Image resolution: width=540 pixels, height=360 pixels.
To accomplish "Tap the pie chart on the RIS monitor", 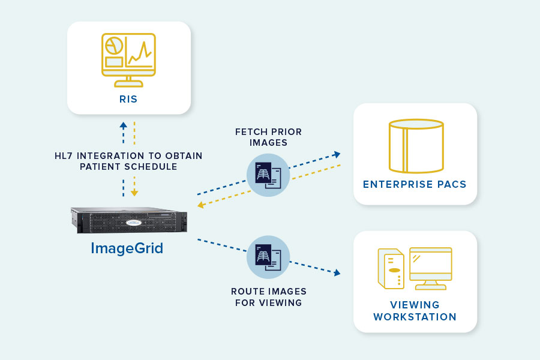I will (113, 46).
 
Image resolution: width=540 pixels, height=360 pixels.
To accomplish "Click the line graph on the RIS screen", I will (139, 55).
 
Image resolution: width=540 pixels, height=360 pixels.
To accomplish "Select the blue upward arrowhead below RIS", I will (123, 126).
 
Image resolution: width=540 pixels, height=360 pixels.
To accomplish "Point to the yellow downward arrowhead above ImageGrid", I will (134, 193).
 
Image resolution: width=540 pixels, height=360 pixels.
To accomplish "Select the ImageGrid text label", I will (127, 248).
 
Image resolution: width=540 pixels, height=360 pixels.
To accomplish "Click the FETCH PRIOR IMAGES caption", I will (268, 137).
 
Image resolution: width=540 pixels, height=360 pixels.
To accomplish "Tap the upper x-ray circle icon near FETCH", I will (268, 175).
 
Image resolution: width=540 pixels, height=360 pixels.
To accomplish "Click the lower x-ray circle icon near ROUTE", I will (268, 257).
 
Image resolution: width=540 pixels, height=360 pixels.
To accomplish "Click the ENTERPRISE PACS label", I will (415, 184).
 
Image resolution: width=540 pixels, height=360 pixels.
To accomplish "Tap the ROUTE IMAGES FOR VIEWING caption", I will (268, 297).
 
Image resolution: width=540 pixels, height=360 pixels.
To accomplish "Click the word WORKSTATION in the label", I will (415, 317).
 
